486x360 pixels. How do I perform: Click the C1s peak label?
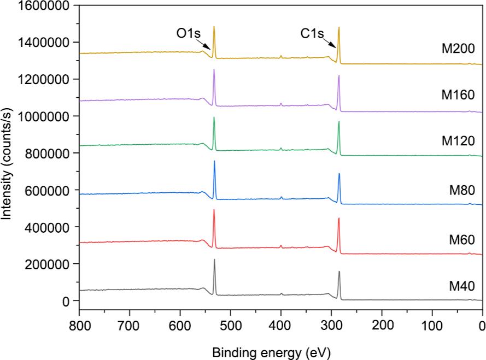pyautogui.click(x=312, y=34)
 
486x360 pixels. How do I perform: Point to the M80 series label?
pyautogui.click(x=461, y=190)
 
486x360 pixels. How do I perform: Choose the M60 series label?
pyautogui.click(x=461, y=239)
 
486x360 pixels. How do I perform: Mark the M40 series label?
pyautogui.click(x=461, y=285)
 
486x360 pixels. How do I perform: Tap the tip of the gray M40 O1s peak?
pyautogui.click(x=214, y=259)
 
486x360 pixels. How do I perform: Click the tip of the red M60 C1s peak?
pyautogui.click(x=339, y=219)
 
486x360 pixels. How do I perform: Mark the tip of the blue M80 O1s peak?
pyautogui.click(x=214, y=161)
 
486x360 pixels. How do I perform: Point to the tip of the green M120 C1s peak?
pyautogui.click(x=339, y=121)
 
